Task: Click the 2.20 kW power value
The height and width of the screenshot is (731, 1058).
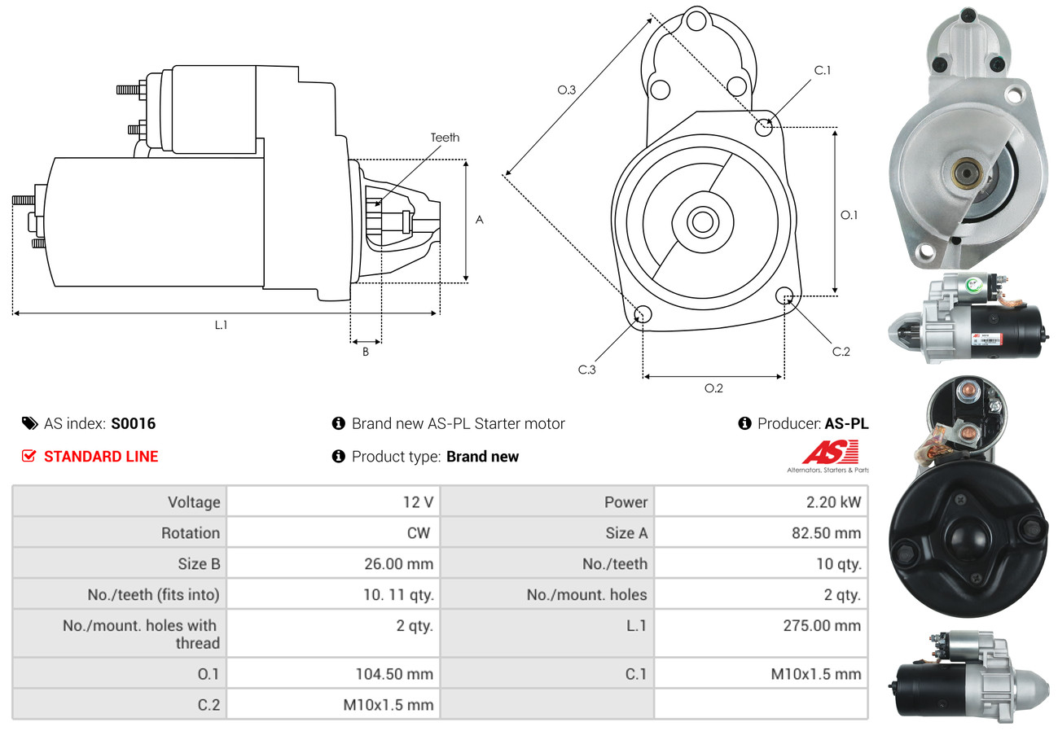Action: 833,502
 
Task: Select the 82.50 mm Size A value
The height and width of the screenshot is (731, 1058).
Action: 832,533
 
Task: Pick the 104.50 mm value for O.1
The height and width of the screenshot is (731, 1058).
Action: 394,674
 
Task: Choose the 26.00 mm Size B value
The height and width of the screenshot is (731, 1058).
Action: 398,563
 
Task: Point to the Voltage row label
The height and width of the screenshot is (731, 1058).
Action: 194,502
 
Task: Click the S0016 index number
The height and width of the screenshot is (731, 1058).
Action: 133,423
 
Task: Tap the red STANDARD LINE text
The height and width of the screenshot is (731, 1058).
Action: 101,457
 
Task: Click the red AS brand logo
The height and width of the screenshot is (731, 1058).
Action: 829,453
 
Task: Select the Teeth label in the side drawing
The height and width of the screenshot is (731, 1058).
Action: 445,138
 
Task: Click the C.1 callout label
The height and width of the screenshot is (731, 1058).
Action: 823,70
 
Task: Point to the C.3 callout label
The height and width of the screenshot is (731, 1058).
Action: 587,370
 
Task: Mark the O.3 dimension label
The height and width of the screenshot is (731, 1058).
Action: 567,90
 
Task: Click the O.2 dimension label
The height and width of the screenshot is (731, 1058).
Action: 713,388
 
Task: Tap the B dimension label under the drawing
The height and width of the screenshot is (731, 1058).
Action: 366,352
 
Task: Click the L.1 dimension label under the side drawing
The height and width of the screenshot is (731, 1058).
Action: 221,325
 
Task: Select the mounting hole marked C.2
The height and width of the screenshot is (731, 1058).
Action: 785,295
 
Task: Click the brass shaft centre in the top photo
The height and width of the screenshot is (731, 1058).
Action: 966,172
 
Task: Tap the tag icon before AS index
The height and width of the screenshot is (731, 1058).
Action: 29,423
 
